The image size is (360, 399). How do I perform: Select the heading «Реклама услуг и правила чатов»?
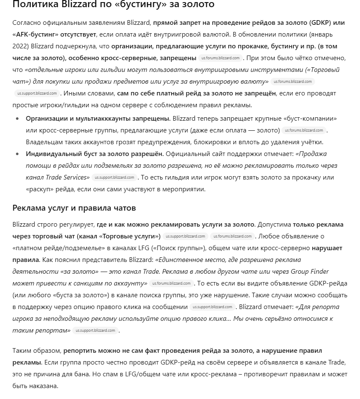point(74,208)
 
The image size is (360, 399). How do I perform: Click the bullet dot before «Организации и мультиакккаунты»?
point(17,119)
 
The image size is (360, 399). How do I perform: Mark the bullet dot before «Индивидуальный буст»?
point(17,154)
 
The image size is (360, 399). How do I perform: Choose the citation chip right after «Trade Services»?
point(114,177)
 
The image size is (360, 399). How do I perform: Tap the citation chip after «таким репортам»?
point(95,330)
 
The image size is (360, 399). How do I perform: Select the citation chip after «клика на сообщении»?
point(213,307)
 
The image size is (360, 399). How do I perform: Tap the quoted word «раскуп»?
point(40,189)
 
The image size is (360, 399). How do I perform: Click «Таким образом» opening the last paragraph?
point(37,351)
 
